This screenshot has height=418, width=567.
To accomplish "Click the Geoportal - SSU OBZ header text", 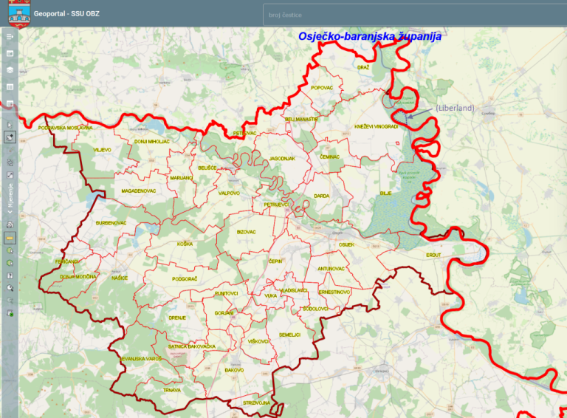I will tap(66, 13).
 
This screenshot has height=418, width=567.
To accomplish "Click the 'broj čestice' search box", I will tap(413, 15).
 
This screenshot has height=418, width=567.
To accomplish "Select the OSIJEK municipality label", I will tap(347, 244).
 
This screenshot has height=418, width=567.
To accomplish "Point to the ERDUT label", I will tap(433, 255).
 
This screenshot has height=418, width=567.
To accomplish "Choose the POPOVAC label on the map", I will tap(322, 87).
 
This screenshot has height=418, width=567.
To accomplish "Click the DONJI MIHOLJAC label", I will tap(152, 141).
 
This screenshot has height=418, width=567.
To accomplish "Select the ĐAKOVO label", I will tap(235, 369).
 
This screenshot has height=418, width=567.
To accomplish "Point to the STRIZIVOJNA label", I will tap(256, 403).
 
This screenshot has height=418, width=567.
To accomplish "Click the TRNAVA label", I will tap(172, 389).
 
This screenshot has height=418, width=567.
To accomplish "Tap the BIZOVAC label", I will tap(246, 232).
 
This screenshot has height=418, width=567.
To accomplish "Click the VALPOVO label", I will tap(229, 193).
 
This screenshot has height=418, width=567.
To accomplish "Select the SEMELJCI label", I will tap(289, 335).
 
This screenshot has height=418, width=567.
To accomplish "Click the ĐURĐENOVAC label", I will tap(111, 222).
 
